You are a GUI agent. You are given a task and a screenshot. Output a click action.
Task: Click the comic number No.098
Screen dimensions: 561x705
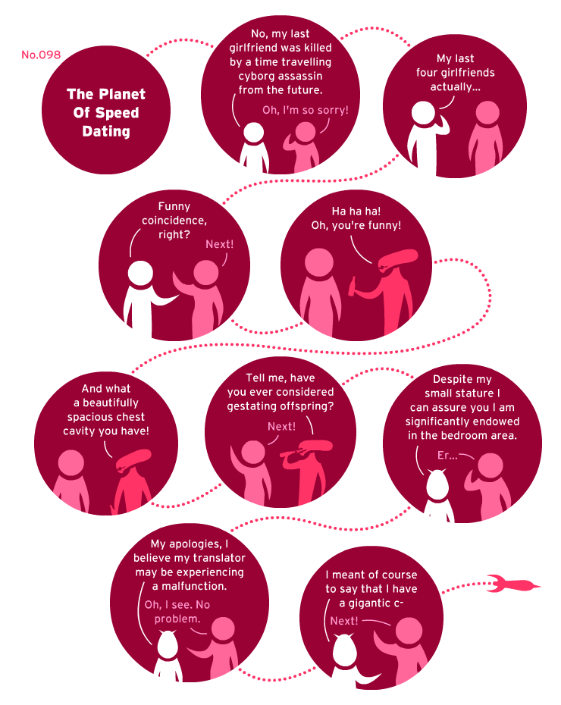[41, 55]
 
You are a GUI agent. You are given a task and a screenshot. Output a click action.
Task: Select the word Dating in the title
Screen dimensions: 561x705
[106, 131]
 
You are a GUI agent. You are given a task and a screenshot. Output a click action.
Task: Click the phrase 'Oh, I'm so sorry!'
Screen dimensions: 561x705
[306, 110]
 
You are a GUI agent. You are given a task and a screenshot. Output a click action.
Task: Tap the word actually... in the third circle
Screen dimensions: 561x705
[456, 86]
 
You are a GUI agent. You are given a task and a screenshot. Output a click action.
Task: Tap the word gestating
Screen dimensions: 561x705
[251, 406]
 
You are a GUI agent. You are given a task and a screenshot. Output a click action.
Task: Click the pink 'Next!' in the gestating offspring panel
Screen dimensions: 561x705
[281, 426]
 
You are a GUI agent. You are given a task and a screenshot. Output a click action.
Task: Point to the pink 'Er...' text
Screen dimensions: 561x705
[447, 456]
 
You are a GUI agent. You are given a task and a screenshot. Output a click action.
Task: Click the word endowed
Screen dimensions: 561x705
[493, 421]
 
